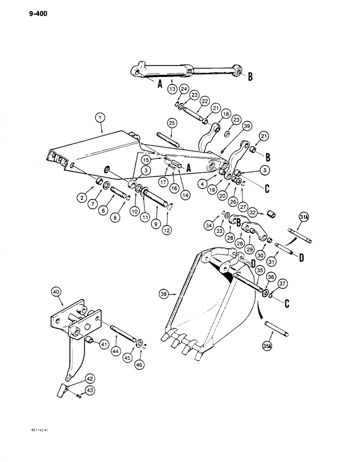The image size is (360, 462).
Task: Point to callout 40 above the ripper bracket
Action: pos(55,291)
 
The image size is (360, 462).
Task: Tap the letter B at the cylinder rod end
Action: pos(250,77)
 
